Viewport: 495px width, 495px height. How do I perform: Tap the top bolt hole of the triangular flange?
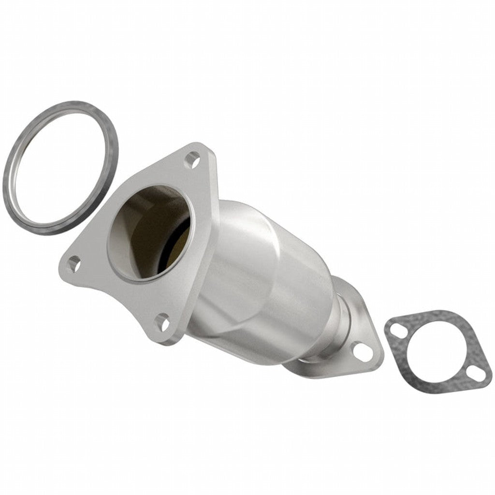(192, 159)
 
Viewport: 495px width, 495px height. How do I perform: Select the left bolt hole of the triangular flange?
(74, 263)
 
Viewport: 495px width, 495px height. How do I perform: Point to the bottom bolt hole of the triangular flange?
(162, 322)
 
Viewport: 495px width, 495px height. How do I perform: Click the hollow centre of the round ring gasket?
(60, 167)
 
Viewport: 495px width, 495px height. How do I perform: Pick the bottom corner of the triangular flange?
(167, 338)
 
